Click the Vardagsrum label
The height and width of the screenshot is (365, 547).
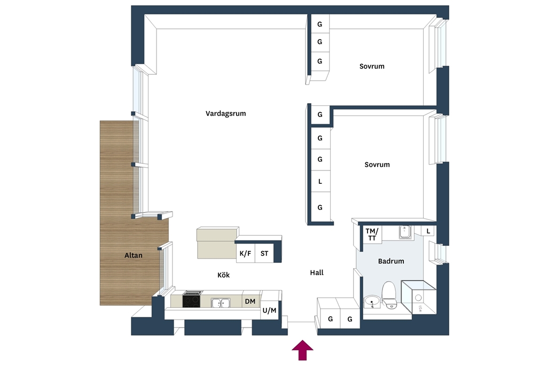tap(225, 113)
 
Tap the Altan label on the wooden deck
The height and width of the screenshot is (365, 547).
tap(133, 255)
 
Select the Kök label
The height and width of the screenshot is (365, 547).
tap(223, 275)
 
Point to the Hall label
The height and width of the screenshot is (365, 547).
tap(316, 273)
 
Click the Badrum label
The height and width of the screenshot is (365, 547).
tap(391, 261)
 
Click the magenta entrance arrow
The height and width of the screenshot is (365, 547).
tap(302, 350)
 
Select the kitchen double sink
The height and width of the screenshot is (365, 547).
tap(221, 302)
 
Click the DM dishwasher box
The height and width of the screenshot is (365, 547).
tap(251, 301)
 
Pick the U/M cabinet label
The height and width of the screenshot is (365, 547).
tap(269, 310)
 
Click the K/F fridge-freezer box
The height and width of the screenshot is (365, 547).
tap(245, 253)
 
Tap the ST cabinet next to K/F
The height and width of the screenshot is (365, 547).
tap(264, 253)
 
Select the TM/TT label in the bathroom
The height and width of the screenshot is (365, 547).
tap(372, 235)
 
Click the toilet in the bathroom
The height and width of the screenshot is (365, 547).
tap(389, 295)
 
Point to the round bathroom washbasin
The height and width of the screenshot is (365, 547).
tap(372, 301)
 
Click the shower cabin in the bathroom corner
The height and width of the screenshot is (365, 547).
tap(419, 297)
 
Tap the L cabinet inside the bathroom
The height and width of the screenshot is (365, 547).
tap(428, 231)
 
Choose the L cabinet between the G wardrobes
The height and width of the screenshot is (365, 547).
tap(320, 182)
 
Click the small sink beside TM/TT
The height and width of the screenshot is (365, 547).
tap(405, 232)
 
